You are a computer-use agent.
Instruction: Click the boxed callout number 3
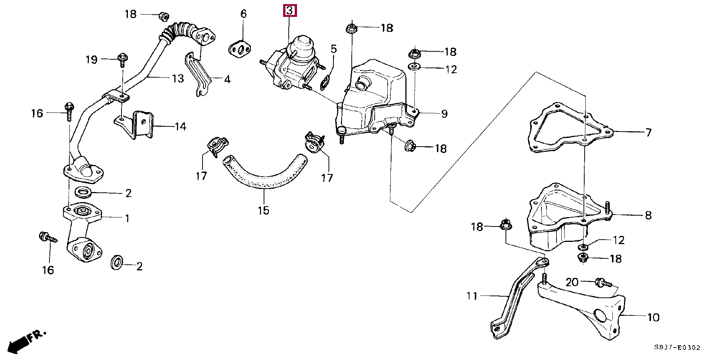(290, 10)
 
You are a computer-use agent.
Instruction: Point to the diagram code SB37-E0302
(677, 348)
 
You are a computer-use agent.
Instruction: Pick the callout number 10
(653, 317)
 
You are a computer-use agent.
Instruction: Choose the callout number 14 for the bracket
(180, 126)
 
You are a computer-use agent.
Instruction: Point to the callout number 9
(444, 114)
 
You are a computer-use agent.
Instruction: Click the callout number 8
(648, 215)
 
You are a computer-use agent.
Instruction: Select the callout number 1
(127, 218)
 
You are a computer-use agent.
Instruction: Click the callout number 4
(227, 79)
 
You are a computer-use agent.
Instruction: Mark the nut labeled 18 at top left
(163, 16)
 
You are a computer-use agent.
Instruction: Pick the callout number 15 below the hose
(263, 210)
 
